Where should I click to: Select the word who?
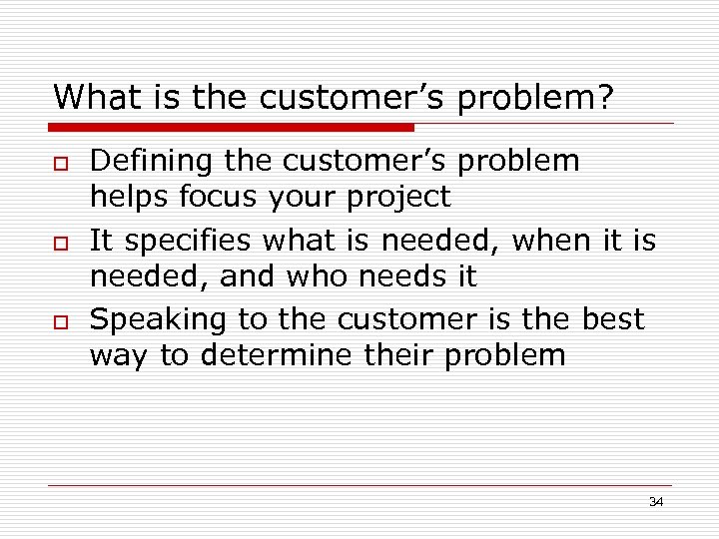(320, 275)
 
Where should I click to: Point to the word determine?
(275, 355)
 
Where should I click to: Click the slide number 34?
(656, 502)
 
